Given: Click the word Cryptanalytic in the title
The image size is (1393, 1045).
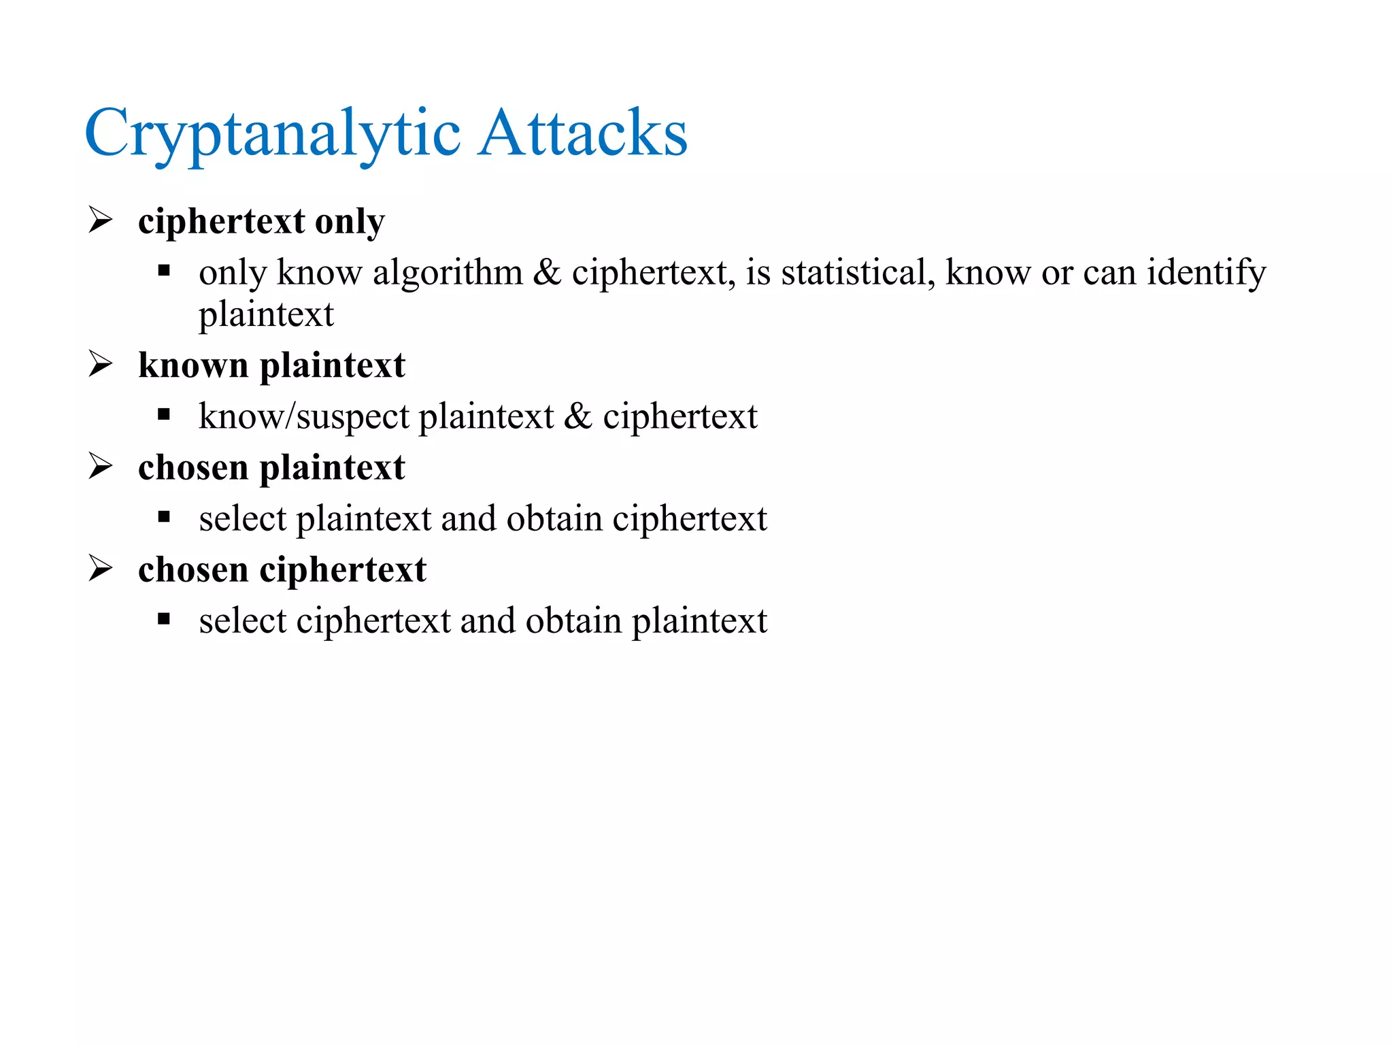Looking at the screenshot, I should coord(272,133).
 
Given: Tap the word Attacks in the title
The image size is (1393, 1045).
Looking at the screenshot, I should coord(582,133).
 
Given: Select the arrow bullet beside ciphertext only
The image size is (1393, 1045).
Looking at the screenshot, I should coord(101,220).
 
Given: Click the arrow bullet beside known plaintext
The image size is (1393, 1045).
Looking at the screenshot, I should coord(101,364).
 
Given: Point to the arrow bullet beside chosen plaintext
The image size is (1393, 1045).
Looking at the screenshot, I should coord(101,466).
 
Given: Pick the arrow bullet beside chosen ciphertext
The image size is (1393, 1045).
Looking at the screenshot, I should coord(101,568).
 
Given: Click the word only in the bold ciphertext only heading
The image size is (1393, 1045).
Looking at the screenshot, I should coord(350,222).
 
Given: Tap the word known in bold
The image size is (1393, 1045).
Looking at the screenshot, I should coord(193,365).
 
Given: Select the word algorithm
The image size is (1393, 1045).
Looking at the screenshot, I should coord(448,273).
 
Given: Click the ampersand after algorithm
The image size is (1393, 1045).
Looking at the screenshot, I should coord(547,273).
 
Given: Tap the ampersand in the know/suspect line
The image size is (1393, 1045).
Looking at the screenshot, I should coord(577,416).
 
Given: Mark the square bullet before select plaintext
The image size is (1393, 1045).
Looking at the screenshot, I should coord(163,517).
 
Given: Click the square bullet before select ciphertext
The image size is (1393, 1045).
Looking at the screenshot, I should coord(163,619).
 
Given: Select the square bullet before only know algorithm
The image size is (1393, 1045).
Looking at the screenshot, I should coord(163,271).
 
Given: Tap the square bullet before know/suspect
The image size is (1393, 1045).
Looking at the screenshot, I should coord(163,414).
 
